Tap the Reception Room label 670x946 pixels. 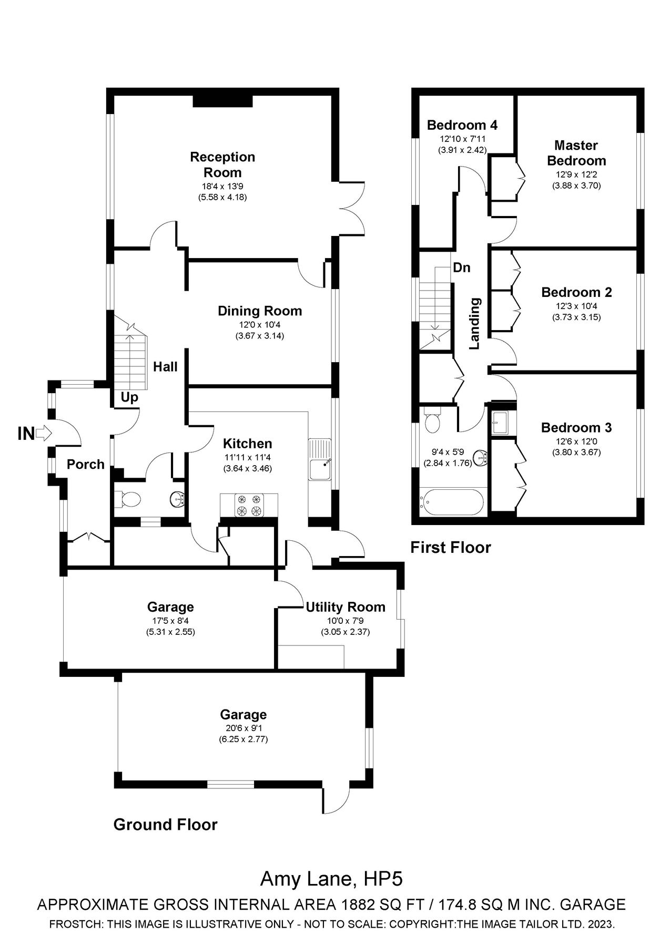click(222, 164)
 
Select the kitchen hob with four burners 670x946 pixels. click(249, 505)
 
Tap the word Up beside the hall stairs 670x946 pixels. click(129, 397)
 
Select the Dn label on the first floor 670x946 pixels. click(461, 268)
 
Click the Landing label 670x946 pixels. click(475, 324)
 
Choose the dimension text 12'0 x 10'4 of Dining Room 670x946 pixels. click(260, 325)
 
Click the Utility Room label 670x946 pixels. click(346, 607)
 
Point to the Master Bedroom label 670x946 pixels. click(576, 153)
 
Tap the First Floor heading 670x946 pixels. click(450, 548)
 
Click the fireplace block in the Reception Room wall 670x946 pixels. click(223, 101)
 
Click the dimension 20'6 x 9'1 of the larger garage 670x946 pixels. click(243, 728)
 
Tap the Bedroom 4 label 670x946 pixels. click(462, 125)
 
